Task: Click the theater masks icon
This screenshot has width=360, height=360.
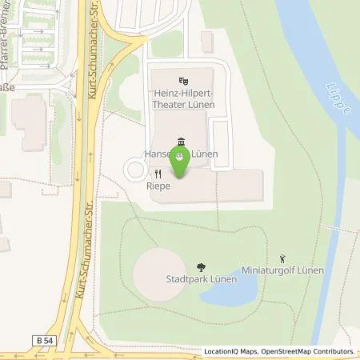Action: click(x=184, y=80)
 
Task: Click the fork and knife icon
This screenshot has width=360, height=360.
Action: click(x=158, y=173)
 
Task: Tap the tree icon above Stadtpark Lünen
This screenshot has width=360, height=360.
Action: click(x=200, y=266)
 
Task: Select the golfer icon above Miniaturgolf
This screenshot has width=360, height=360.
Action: click(x=282, y=258)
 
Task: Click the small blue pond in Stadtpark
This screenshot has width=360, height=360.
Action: click(x=228, y=291)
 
